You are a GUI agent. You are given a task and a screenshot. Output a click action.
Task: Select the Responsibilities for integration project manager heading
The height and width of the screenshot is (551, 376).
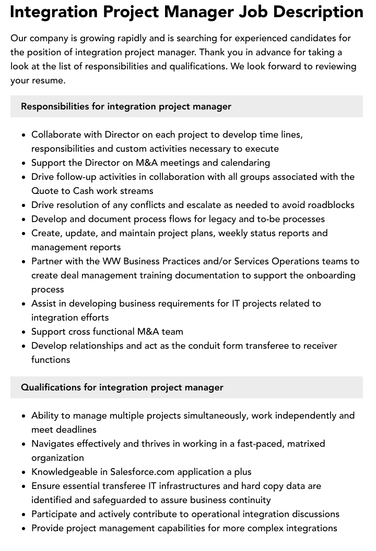click(126, 106)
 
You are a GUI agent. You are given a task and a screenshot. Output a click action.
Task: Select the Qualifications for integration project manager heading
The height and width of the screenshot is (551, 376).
click(122, 387)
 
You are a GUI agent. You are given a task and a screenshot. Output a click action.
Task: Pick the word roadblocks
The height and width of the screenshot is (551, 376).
click(328, 205)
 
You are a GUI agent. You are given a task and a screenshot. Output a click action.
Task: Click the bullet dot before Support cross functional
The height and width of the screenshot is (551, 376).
click(24, 332)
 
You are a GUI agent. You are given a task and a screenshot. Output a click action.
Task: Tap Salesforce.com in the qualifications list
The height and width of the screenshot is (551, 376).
click(142, 472)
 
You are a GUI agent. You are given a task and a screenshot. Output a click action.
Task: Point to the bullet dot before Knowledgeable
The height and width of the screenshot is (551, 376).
click(24, 472)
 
